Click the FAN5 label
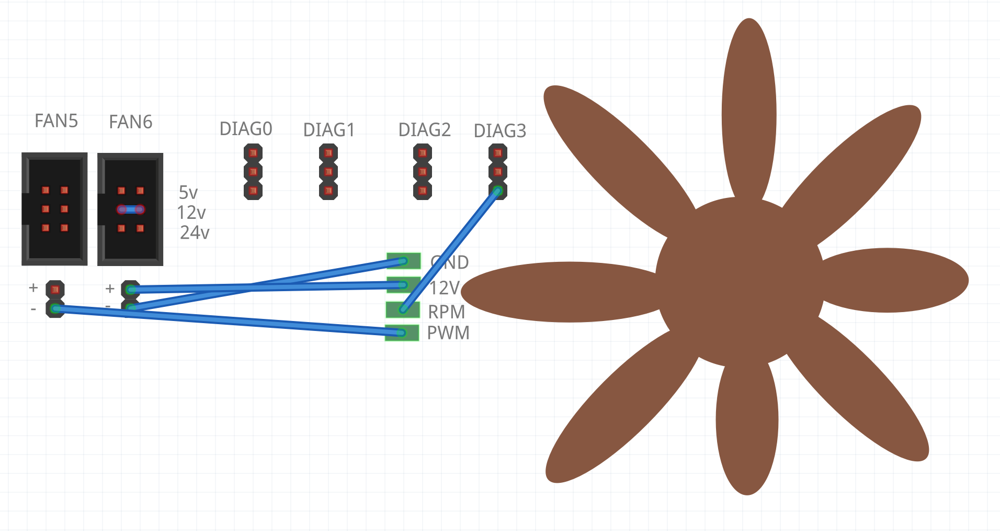56,121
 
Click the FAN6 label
130,122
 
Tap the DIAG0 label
245,129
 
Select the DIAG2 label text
424,130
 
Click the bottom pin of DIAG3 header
498,191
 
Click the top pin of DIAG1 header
328,153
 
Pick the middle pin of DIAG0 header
253,172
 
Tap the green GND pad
404,260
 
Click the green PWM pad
402,333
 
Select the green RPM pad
403,309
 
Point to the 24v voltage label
195,233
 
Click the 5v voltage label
188,193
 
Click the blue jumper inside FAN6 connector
131,209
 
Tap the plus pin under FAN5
55,289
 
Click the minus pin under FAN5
55,308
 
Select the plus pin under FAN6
130,289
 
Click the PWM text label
448,333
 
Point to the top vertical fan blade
749,105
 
